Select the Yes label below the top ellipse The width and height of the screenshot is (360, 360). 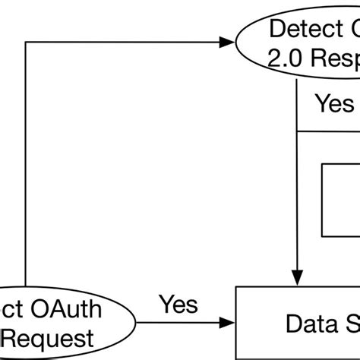[x=335, y=103]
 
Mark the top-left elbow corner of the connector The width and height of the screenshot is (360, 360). [x=27, y=43]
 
